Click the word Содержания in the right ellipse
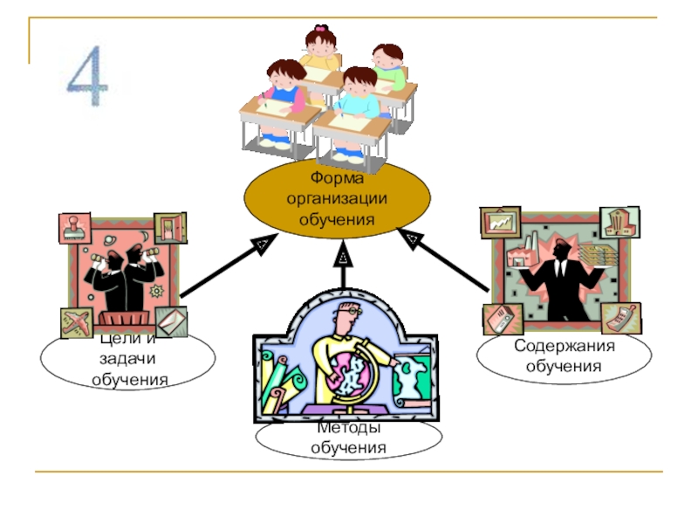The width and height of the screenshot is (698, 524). pos(564,347)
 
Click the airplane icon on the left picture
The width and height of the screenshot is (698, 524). pos(76,322)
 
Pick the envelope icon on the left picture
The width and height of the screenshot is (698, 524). pos(171,321)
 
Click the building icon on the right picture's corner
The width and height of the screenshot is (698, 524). pos(620,222)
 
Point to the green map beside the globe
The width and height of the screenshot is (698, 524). pos(409,379)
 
